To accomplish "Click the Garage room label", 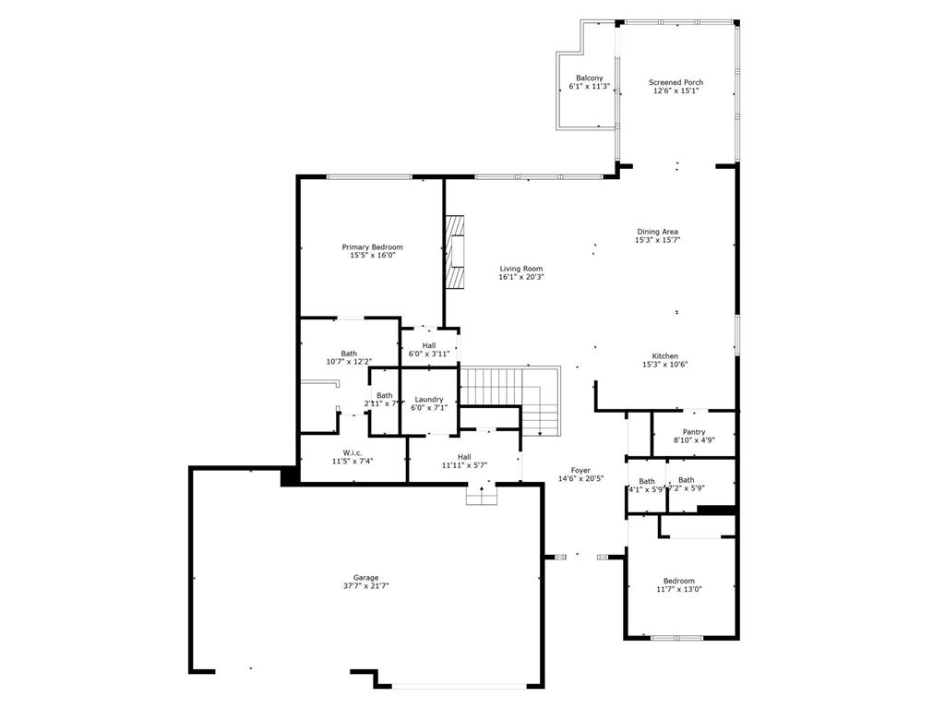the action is click(365, 578).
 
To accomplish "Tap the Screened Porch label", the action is click(676, 82).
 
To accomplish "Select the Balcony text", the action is click(590, 78).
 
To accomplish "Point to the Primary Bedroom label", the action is click(372, 246).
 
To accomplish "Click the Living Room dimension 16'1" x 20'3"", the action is click(521, 277).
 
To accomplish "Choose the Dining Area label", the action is click(657, 232).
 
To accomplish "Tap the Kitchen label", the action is click(664, 355).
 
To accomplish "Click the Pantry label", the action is click(694, 432).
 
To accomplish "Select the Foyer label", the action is click(580, 470).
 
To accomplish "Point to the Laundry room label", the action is click(429, 399).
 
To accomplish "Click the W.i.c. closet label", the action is click(352, 452).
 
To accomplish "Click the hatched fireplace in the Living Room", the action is click(455, 253).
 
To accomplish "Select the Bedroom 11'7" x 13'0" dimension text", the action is click(678, 589).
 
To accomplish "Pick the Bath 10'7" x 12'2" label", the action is click(349, 353).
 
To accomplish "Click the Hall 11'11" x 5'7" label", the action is click(464, 456).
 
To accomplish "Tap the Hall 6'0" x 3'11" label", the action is click(429, 344).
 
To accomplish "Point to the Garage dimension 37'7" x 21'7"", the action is click(365, 586).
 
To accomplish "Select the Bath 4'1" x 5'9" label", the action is click(647, 481).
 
